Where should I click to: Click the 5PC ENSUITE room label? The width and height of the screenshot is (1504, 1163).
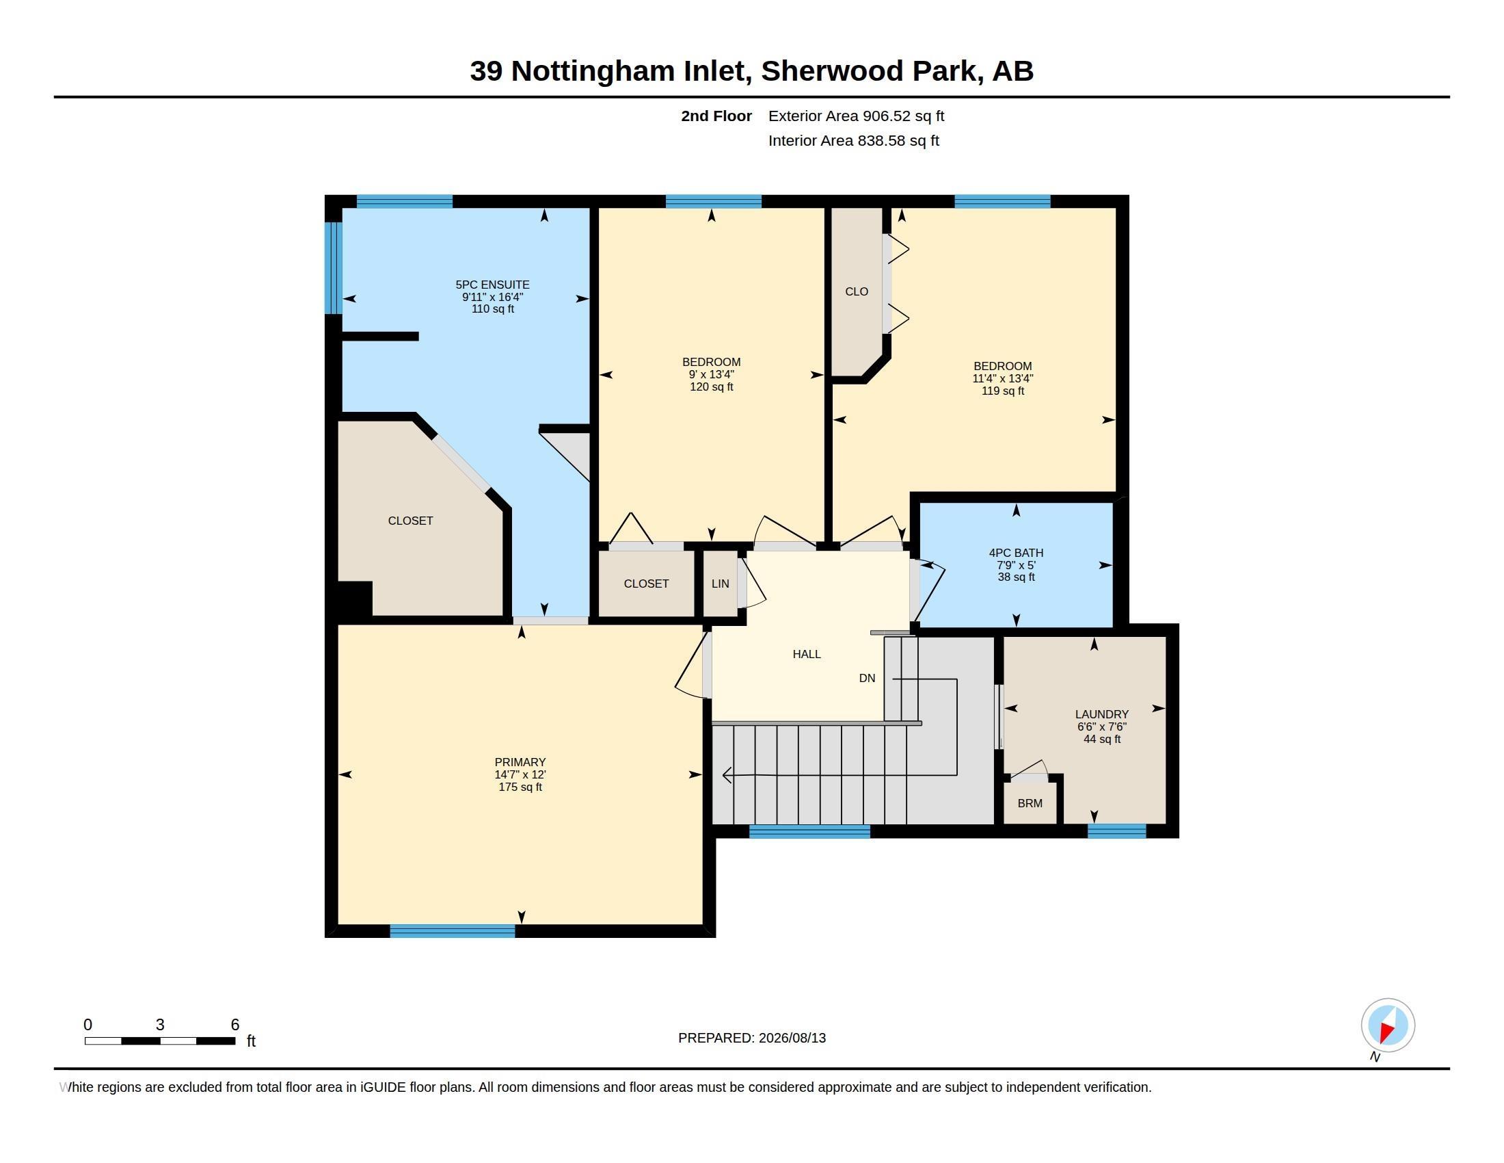pyautogui.click(x=492, y=285)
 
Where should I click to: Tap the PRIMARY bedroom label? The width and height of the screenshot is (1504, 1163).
pyautogui.click(x=520, y=762)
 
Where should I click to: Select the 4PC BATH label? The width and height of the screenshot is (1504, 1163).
pyautogui.click(x=1016, y=553)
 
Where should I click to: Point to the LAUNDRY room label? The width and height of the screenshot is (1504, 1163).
pyautogui.click(x=1102, y=714)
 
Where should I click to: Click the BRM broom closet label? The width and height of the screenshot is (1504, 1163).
pyautogui.click(x=1030, y=803)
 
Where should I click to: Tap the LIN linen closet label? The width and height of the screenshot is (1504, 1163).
pyautogui.click(x=721, y=584)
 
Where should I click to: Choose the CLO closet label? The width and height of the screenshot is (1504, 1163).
pyautogui.click(x=857, y=291)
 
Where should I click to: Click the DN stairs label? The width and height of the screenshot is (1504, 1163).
pyautogui.click(x=867, y=678)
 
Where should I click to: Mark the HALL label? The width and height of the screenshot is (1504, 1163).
pyautogui.click(x=807, y=654)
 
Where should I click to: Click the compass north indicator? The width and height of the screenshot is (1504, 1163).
pyautogui.click(x=1388, y=1025)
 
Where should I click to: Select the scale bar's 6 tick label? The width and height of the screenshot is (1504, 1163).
pyautogui.click(x=234, y=1025)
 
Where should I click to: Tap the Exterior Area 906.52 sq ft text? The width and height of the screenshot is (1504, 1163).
pyautogui.click(x=856, y=116)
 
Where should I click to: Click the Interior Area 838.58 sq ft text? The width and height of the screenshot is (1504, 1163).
pyautogui.click(x=853, y=140)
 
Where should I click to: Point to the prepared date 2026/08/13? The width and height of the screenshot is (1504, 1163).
pyautogui.click(x=792, y=1038)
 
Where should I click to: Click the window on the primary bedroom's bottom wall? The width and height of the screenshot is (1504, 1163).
pyautogui.click(x=453, y=931)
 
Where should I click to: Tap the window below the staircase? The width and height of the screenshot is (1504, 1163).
pyautogui.click(x=809, y=832)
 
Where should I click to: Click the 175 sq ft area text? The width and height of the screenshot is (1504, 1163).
pyautogui.click(x=520, y=787)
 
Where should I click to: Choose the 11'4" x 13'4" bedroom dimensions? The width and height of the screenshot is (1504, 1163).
pyautogui.click(x=1003, y=378)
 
